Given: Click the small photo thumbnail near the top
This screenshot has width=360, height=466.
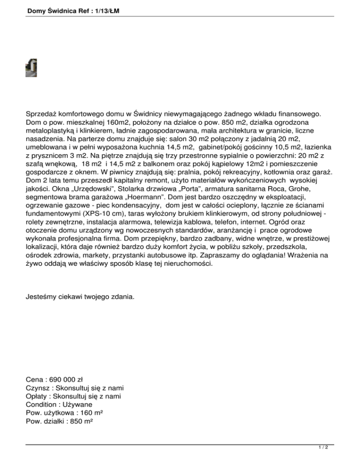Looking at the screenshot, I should [x=31, y=68].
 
